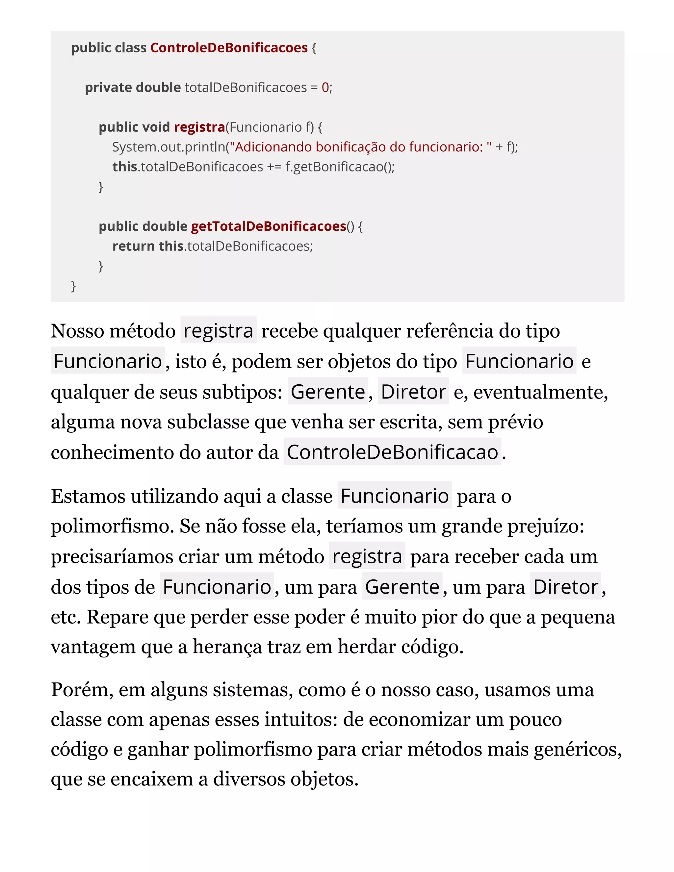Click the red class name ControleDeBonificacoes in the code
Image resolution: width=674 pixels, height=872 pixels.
[x=229, y=48]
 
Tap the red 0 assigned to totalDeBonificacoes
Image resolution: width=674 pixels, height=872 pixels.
[x=325, y=88]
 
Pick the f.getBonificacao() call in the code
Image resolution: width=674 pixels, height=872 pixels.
[x=339, y=167]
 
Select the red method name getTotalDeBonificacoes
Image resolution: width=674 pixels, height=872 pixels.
[x=268, y=226]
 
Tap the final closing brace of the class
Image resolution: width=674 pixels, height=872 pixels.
[x=73, y=286]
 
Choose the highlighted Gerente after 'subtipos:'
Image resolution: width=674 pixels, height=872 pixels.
[x=328, y=392]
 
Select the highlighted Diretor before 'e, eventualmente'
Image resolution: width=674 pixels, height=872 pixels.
[x=413, y=392]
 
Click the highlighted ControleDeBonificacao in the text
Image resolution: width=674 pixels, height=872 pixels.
[x=392, y=452]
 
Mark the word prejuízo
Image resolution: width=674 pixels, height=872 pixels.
[x=546, y=526]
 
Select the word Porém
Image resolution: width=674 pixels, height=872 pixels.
[x=82, y=689]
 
